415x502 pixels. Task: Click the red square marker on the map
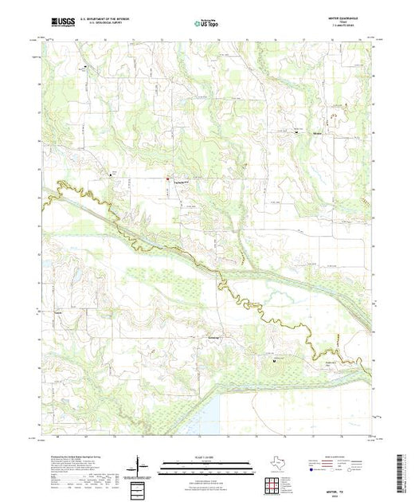point(168,178)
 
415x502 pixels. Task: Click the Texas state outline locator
point(271,463)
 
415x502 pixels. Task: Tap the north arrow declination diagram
point(139,465)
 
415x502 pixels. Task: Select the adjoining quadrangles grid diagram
point(271,483)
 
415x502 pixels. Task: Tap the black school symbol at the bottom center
point(274,360)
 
